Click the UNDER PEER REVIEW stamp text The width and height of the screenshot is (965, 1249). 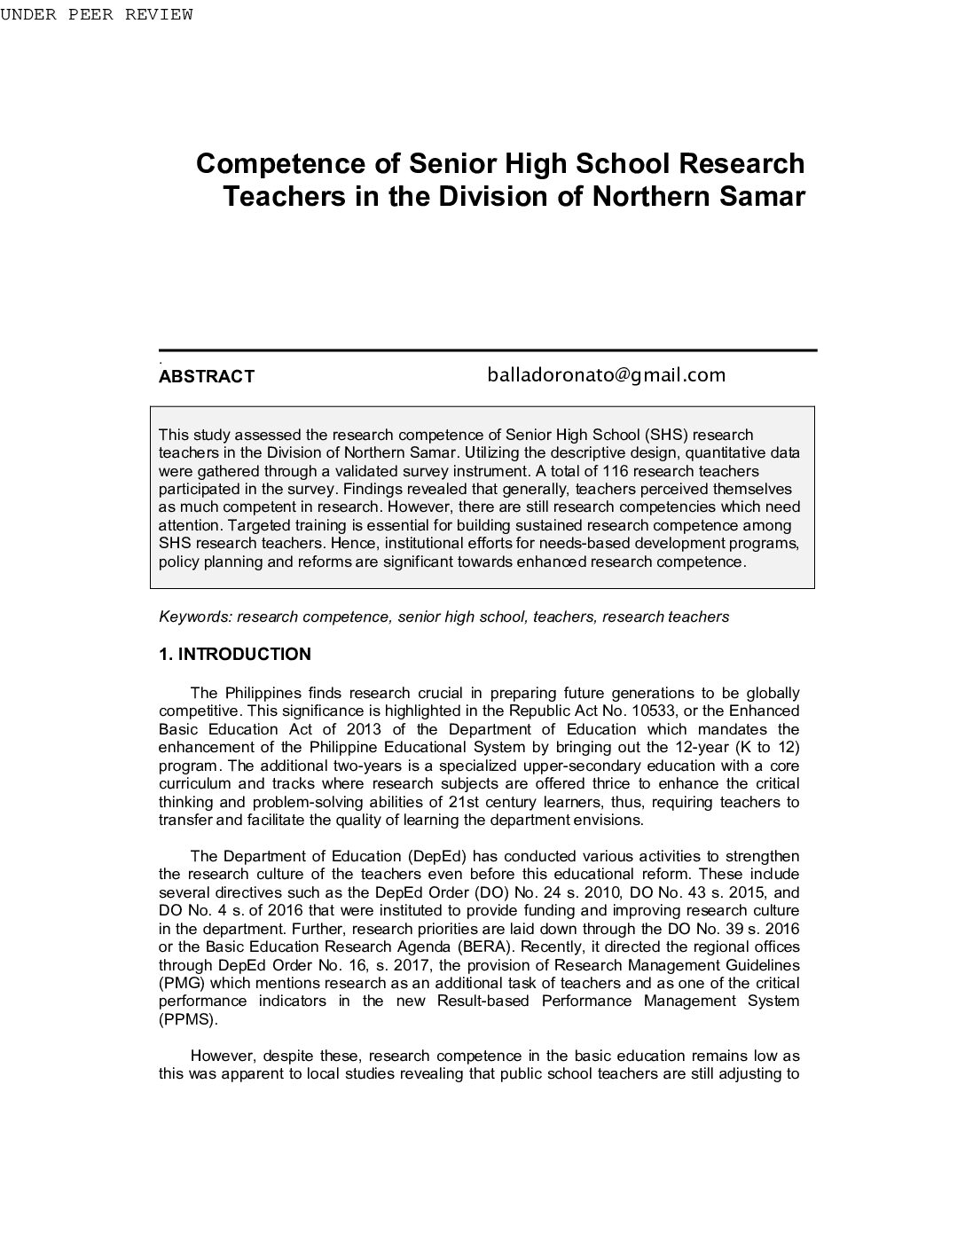point(96,15)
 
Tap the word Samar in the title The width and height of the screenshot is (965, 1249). point(760,196)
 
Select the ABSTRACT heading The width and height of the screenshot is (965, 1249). point(206,376)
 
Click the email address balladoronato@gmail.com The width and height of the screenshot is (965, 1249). point(606,375)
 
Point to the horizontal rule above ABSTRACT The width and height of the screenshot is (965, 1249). point(487,350)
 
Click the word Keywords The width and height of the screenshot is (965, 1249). point(195,617)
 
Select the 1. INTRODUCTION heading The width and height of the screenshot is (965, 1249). point(234,655)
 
